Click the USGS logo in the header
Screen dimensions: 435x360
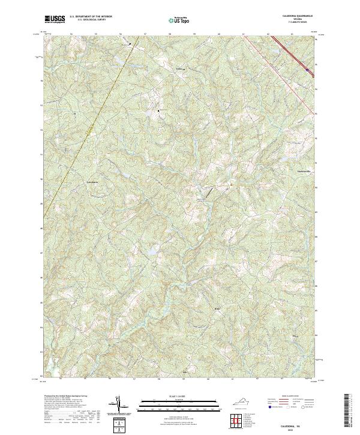(x=55, y=19)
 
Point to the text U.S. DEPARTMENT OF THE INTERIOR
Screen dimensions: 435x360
(x=90, y=17)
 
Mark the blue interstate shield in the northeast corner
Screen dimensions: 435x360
(x=308, y=70)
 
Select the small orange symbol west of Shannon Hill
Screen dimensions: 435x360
(x=229, y=184)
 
